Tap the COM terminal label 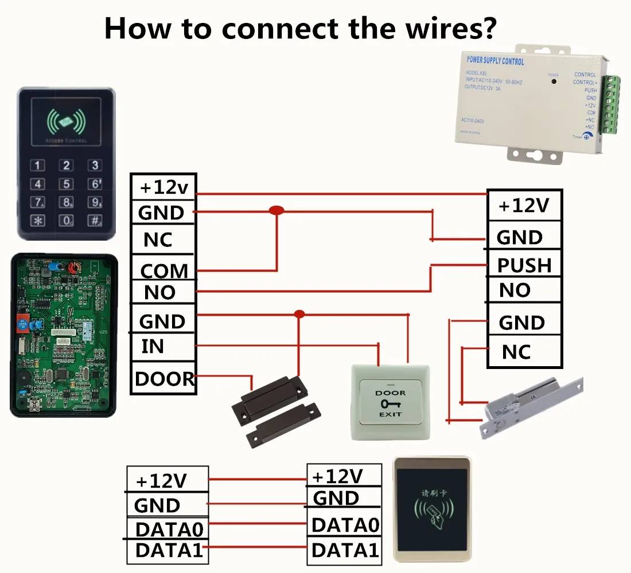pos(164,270)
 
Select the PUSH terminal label pos(524,265)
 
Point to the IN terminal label pos(153,347)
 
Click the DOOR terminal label pos(164,379)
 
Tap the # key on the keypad pos(95,220)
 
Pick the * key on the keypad pos(38,220)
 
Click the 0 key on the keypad pos(67,220)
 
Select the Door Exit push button pos(390,403)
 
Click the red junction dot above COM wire pos(276,211)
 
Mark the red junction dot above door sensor pos(299,314)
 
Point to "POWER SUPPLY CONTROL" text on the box pos(496,61)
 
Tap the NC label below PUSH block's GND pos(516,351)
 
